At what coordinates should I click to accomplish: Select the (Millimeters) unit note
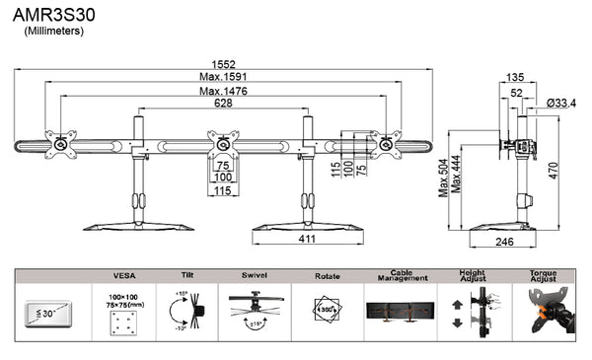coord(54,32)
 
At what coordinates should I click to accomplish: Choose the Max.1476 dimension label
coord(223,91)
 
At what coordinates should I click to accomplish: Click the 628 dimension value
coord(223,104)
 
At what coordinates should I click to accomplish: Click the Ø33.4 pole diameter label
coord(561,103)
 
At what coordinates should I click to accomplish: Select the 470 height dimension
coord(555,170)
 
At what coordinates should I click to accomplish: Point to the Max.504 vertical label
coord(443,176)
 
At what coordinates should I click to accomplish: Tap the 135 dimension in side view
coord(514,76)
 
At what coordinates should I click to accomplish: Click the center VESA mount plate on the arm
coord(224,143)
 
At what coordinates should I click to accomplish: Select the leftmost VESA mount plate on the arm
coord(62,144)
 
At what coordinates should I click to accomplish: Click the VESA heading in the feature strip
coord(124,276)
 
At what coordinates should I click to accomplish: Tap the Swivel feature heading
coord(257,276)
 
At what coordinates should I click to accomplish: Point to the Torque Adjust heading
coord(544,277)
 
